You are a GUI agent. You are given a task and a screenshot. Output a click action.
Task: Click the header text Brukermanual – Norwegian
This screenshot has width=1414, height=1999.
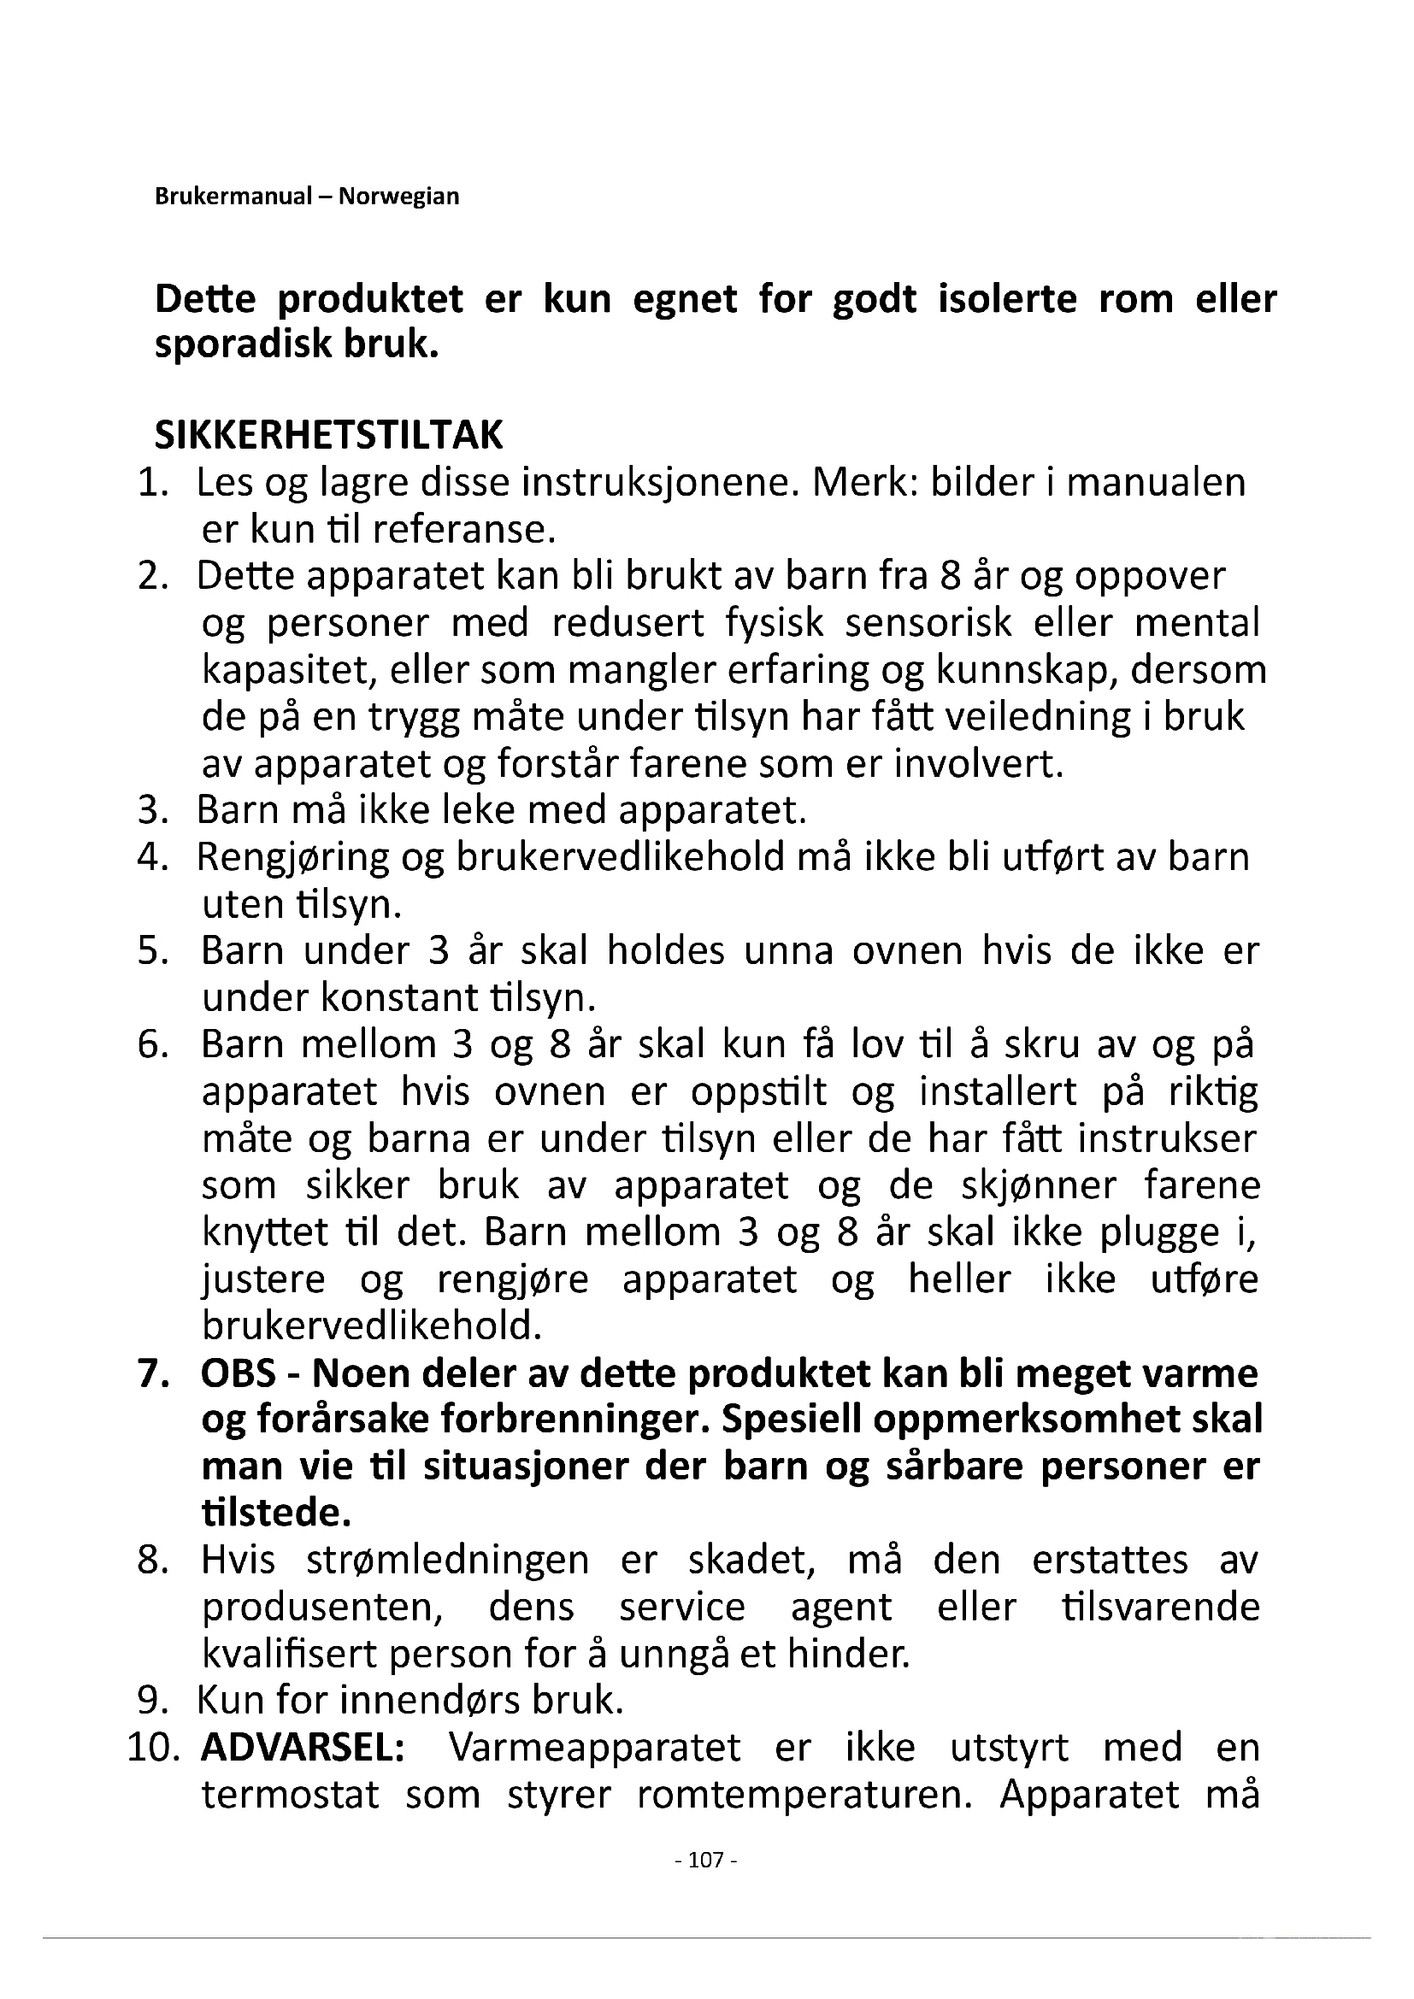pyautogui.click(x=307, y=196)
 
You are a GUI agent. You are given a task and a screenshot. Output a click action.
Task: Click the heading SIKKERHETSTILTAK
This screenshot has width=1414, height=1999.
pyautogui.click(x=328, y=435)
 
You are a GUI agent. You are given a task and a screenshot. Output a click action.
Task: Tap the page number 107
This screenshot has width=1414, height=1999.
pyautogui.click(x=706, y=1860)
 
